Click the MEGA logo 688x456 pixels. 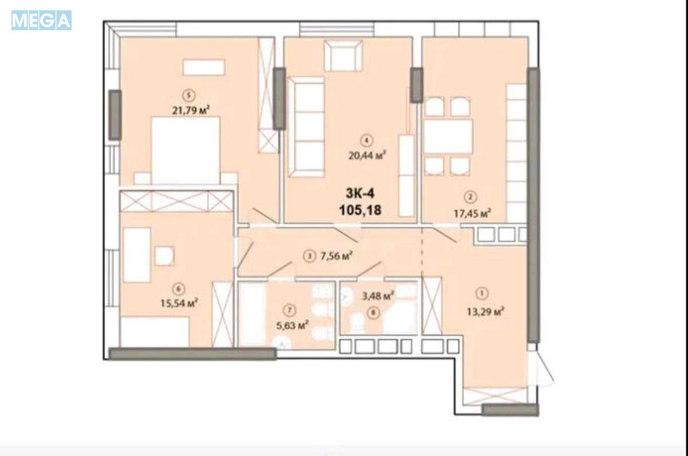point(41,21)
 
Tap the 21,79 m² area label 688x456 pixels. point(190,110)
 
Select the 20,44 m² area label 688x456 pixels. point(367,155)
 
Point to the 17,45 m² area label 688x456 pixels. point(472,213)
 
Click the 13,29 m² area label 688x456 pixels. point(485,312)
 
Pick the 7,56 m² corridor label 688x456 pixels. point(336,256)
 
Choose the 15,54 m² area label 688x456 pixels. point(179,302)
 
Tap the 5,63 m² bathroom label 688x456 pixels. point(292,325)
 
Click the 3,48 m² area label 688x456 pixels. point(378,296)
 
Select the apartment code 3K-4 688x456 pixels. point(359,193)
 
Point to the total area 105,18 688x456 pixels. point(360,210)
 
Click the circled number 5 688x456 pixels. point(189,95)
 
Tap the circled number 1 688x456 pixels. point(482,293)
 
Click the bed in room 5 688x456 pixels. point(185,150)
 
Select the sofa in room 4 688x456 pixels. point(306,127)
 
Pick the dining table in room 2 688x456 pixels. point(448,137)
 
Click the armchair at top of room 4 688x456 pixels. point(343,55)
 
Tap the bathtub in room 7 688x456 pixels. point(252,314)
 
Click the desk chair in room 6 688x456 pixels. point(164,256)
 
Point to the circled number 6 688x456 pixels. point(178,289)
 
